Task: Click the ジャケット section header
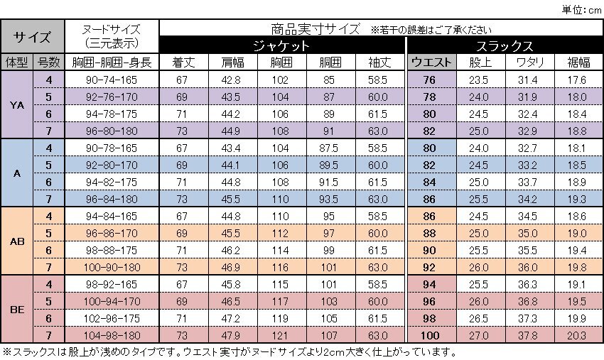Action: coord(281,45)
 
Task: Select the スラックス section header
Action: coord(504,45)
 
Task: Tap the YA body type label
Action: coord(18,104)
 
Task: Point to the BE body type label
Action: coord(18,309)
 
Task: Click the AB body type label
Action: coord(18,241)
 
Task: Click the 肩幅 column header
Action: coord(230,62)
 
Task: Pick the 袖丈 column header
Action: coord(378,62)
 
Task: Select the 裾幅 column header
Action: coord(577,62)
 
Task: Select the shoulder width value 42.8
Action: coord(230,80)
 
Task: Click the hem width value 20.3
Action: coord(577,335)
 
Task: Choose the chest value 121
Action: coord(280,335)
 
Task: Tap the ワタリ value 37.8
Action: coord(527,335)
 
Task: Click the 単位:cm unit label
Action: coord(581,8)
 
